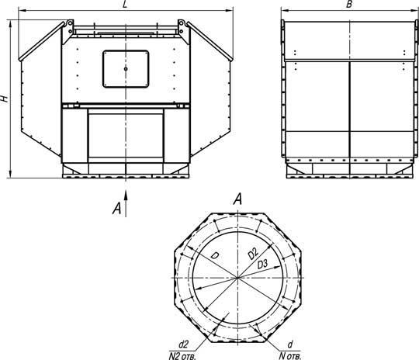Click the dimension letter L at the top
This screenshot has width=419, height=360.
pyautogui.click(x=124, y=5)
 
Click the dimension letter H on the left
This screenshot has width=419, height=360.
pyautogui.click(x=5, y=99)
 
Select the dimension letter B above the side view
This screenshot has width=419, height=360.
pyautogui.click(x=348, y=4)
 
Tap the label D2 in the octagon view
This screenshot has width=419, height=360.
pyautogui.click(x=253, y=254)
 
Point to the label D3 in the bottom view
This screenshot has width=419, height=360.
pyautogui.click(x=262, y=265)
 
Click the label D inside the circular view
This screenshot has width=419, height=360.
pyautogui.click(x=214, y=255)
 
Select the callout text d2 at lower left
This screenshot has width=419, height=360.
pyautogui.click(x=183, y=344)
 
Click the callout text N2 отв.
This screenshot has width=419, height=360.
pyautogui.click(x=182, y=356)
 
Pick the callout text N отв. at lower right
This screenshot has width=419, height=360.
pyautogui.click(x=290, y=356)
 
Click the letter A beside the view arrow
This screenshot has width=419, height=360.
pyautogui.click(x=116, y=208)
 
